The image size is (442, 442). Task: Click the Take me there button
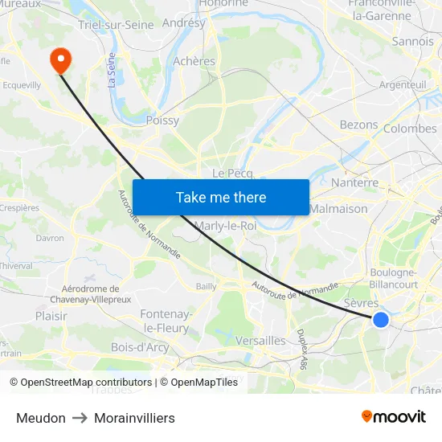pyautogui.click(x=221, y=197)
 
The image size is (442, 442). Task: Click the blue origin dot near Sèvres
pyautogui.click(x=381, y=320)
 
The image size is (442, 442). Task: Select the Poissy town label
pyautogui.click(x=162, y=121)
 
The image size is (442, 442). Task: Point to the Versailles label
pyautogui.click(x=260, y=341)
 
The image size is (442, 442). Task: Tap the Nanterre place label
pyautogui.click(x=354, y=182)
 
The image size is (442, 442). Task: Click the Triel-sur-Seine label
pyautogui.click(x=117, y=25)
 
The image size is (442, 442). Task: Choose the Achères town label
pyautogui.click(x=194, y=61)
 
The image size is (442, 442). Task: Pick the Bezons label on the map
pyautogui.click(x=358, y=125)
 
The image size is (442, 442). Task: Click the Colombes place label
pyautogui.click(x=410, y=129)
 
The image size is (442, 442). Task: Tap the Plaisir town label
pyautogui.click(x=51, y=316)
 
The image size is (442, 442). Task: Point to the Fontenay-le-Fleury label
pyautogui.click(x=166, y=321)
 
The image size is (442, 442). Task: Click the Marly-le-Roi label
pyautogui.click(x=225, y=225)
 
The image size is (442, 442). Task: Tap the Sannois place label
pyautogui.click(x=413, y=41)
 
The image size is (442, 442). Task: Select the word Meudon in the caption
pyautogui.click(x=41, y=418)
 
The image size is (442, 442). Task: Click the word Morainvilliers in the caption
pyautogui.click(x=134, y=418)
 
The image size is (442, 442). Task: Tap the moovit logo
pyautogui.click(x=394, y=416)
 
